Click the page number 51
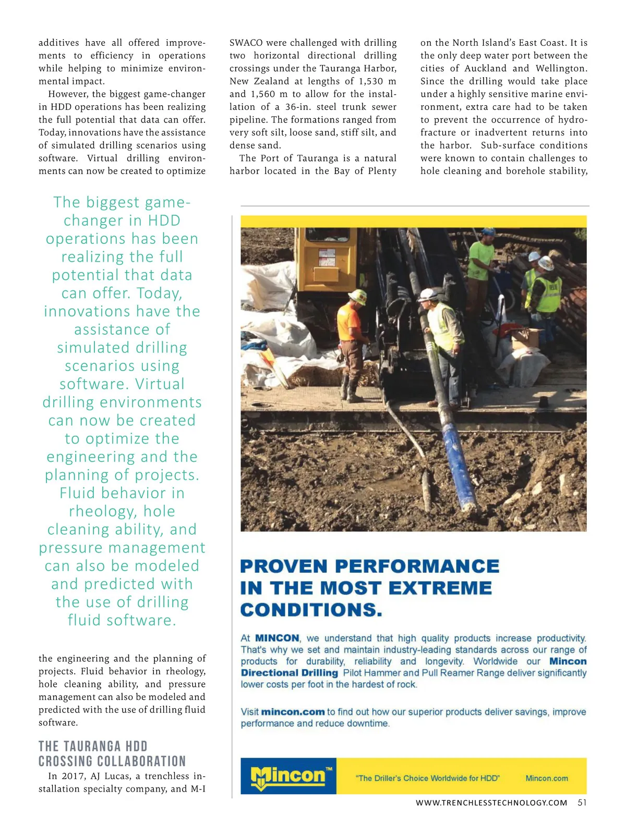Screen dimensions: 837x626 click(x=582, y=803)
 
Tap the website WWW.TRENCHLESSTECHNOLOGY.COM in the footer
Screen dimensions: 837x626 click(x=491, y=803)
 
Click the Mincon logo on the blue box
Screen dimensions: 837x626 click(x=288, y=776)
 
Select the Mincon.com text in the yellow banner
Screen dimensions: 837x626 click(x=547, y=778)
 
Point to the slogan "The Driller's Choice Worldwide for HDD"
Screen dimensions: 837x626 click(x=428, y=778)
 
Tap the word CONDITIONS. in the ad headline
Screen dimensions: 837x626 click(x=311, y=610)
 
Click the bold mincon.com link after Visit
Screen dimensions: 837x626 click(x=293, y=712)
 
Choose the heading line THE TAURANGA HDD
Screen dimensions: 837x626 click(x=93, y=746)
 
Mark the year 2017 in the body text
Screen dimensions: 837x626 click(x=74, y=776)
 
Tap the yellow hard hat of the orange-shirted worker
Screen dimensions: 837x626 click(x=358, y=296)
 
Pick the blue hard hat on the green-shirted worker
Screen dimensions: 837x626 click(x=488, y=231)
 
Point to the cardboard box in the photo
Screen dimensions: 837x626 click(x=526, y=339)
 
